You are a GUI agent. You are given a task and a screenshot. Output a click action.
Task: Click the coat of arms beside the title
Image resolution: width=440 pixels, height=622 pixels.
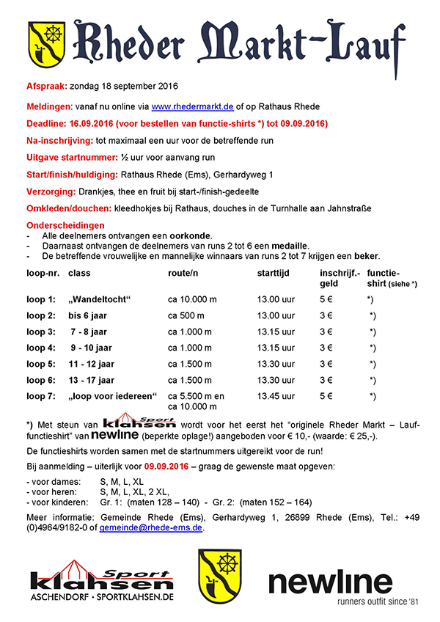(x=48, y=45)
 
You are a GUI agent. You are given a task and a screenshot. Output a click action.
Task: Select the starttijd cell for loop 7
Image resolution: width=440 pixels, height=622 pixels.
(x=276, y=396)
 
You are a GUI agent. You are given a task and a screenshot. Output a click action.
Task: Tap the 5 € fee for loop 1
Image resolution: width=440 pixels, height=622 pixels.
(x=326, y=299)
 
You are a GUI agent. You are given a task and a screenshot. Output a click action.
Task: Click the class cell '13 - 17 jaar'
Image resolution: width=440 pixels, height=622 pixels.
(x=92, y=380)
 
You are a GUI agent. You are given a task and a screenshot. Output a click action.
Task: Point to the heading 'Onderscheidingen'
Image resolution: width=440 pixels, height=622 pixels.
(x=65, y=225)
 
